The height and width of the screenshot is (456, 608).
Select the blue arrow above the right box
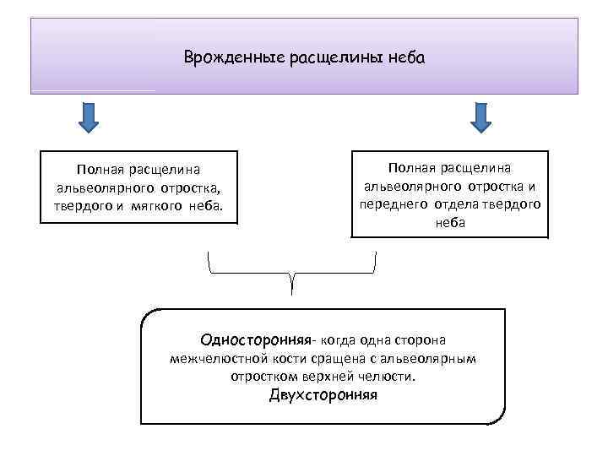[480, 117]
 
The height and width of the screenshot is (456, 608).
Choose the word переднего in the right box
[395, 204]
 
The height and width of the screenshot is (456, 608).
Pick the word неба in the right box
[450, 222]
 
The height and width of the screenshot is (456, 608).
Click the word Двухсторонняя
[323, 395]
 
